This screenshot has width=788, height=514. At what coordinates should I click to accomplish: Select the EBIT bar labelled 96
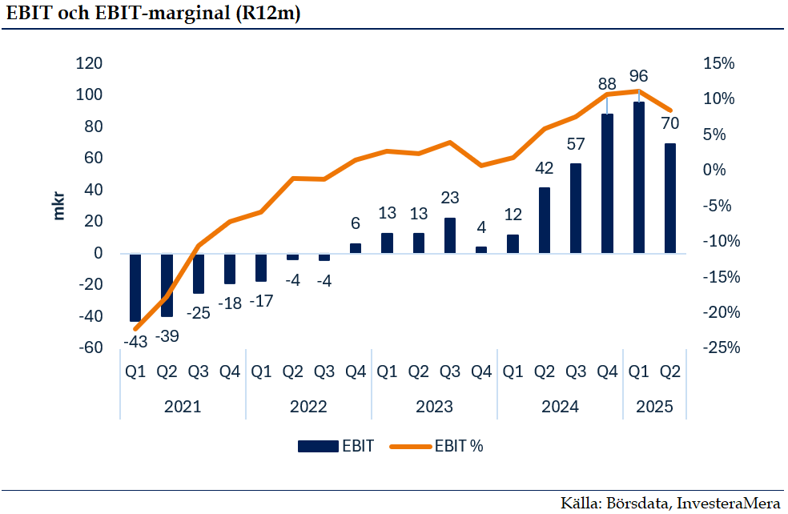tap(638, 178)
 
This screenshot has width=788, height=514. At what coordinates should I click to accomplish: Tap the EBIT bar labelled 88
tap(607, 183)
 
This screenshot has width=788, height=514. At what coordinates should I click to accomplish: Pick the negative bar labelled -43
tap(135, 287)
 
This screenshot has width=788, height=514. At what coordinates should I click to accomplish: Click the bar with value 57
tap(575, 208)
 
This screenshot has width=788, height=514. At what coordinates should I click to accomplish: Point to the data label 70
tap(670, 123)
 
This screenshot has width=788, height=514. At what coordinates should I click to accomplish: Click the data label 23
tap(450, 198)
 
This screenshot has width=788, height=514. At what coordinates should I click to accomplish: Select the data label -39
tap(167, 336)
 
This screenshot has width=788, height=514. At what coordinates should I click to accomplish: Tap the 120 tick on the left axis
tap(90, 63)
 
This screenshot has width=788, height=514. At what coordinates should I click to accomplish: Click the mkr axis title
tap(59, 206)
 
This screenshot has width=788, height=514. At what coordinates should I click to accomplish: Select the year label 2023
tap(434, 407)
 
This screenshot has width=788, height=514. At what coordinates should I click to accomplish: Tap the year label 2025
tap(654, 407)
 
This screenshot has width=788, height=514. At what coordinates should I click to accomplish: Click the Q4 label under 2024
tap(607, 371)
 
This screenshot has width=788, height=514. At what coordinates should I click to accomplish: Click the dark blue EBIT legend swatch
tap(318, 446)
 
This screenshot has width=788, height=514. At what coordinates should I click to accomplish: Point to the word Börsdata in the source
tap(638, 503)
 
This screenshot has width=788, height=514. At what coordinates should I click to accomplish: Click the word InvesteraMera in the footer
tap(728, 503)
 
